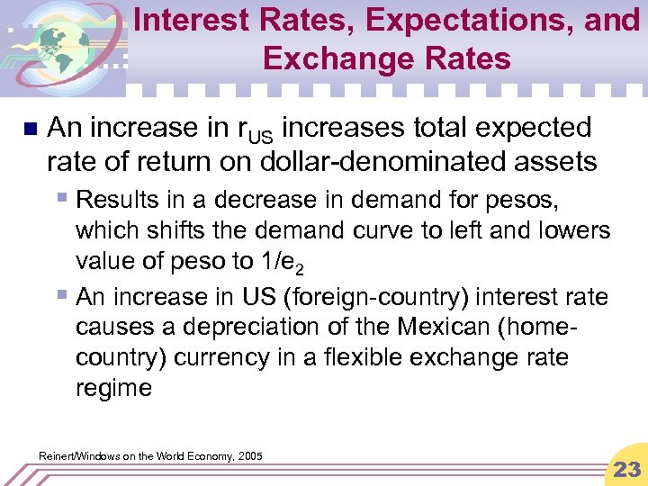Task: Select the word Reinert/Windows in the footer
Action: pyautogui.click(x=79, y=456)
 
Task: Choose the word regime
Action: pyautogui.click(x=114, y=388)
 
